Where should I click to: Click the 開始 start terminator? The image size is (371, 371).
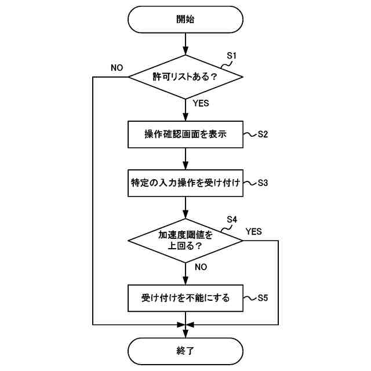click(x=185, y=19)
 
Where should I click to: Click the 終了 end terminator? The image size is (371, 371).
click(x=185, y=350)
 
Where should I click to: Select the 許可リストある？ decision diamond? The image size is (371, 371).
click(x=185, y=77)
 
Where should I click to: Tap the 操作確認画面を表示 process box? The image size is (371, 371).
click(x=185, y=134)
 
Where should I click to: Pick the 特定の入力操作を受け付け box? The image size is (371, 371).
click(x=185, y=182)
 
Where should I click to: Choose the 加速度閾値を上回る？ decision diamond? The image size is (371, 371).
click(x=185, y=240)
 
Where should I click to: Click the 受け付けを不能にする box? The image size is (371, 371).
click(x=185, y=299)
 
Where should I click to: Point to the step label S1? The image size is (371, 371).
click(x=232, y=56)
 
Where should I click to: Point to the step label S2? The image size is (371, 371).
click(x=262, y=134)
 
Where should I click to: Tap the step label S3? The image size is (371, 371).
click(x=262, y=182)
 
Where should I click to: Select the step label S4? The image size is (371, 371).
click(x=232, y=219)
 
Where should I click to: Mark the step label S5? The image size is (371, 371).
click(x=262, y=299)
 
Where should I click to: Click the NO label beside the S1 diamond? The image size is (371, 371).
click(x=117, y=67)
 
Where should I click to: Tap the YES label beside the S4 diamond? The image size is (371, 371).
click(x=253, y=231)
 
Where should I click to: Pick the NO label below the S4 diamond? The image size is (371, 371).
click(x=201, y=267)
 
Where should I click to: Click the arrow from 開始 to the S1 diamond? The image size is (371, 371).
click(x=185, y=44)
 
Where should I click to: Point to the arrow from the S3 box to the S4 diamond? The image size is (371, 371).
click(x=185, y=208)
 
